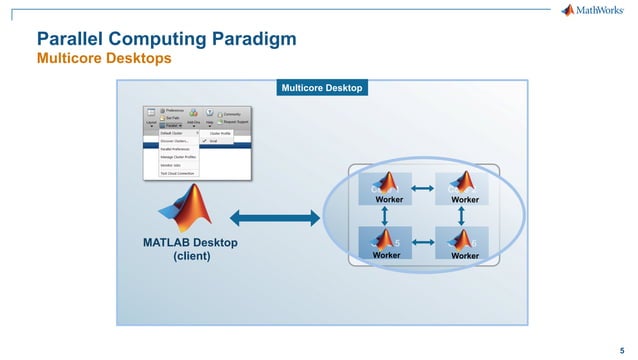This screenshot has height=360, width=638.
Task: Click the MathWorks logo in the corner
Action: pyautogui.click(x=595, y=11)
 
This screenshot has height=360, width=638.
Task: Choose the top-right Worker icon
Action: pyautogui.click(x=463, y=189)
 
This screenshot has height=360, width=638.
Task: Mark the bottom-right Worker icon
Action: pyautogui.click(x=463, y=243)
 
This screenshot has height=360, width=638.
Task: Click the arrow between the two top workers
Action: pyautogui.click(x=424, y=186)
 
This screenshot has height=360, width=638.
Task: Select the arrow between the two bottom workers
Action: pyautogui.click(x=424, y=241)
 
